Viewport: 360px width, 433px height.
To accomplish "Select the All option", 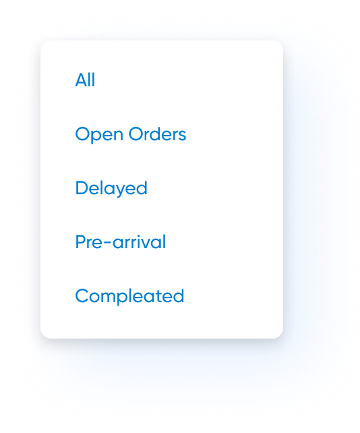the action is (x=85, y=80).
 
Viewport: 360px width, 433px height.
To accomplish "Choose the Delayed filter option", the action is (x=111, y=188).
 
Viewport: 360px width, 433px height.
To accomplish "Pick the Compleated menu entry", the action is (x=129, y=296).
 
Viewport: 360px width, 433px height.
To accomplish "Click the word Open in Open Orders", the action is (x=99, y=135).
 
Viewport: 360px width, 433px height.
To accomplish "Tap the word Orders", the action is (x=157, y=134).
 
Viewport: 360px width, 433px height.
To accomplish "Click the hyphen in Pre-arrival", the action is (x=108, y=243).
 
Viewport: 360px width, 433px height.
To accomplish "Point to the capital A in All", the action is (x=81, y=80).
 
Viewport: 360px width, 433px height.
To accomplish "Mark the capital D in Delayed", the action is (x=82, y=188).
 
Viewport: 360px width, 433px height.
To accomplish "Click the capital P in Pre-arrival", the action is (x=81, y=242).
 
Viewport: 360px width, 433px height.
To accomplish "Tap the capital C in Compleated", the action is (x=82, y=296).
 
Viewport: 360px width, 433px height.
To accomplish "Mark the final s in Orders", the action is (x=182, y=136).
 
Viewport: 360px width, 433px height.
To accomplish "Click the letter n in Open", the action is (x=118, y=136).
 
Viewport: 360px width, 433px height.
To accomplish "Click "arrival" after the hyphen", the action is (x=139, y=242).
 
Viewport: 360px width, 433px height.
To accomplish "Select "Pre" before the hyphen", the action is (x=89, y=242).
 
